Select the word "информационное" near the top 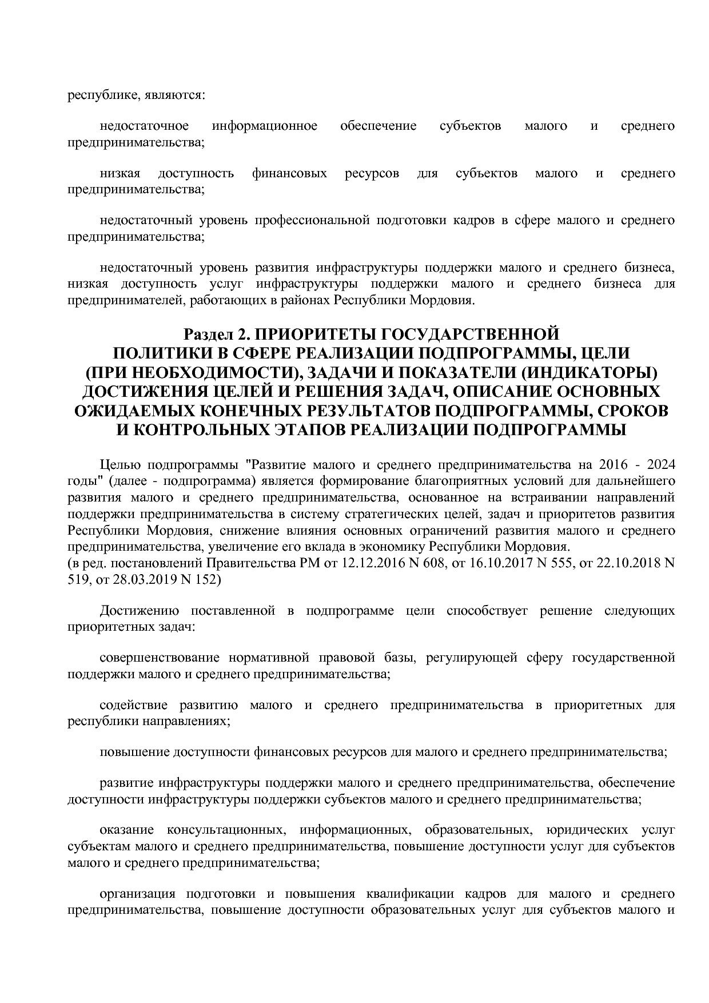point(264,126)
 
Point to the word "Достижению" point(140,611)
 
